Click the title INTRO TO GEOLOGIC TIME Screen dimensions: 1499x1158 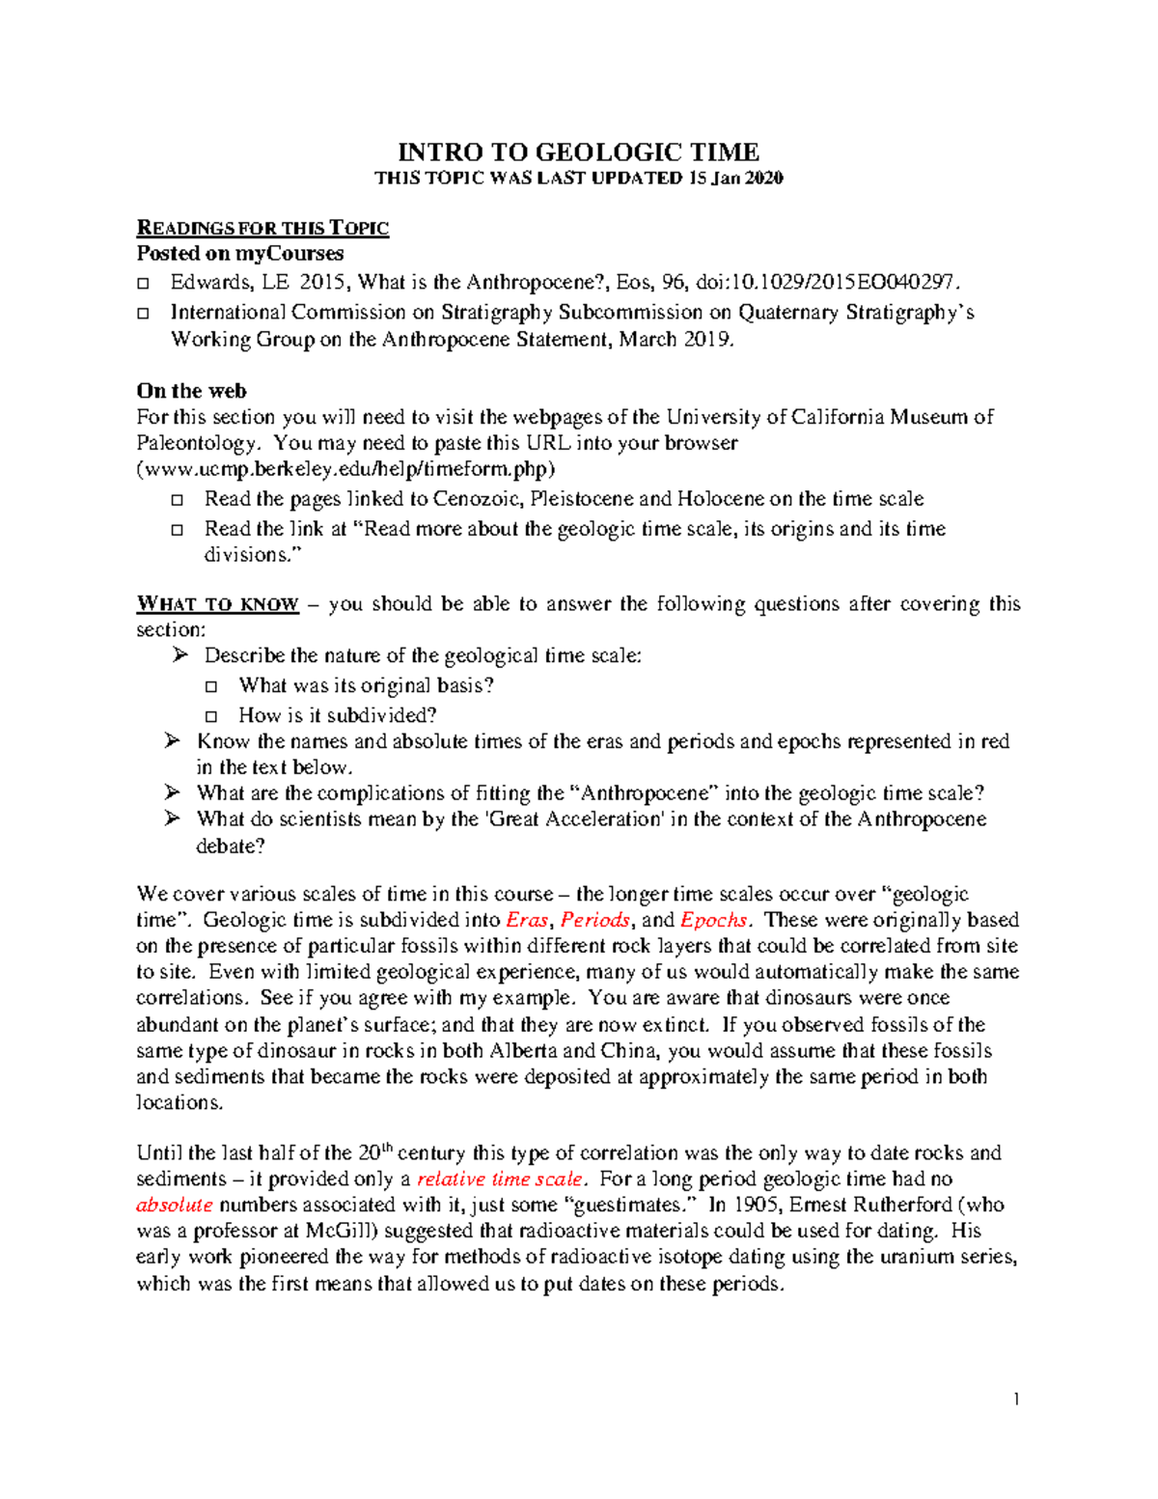[579, 153]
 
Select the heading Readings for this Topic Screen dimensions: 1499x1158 [262, 228]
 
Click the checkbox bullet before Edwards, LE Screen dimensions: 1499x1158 [144, 283]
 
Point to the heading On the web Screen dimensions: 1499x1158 [191, 391]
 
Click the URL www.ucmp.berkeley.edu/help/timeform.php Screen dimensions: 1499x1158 [346, 469]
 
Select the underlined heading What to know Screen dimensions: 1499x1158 [218, 604]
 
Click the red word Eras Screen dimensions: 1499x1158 [527, 920]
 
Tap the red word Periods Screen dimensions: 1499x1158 [595, 920]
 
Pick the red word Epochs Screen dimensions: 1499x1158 [715, 920]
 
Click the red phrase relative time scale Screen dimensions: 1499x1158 [499, 1179]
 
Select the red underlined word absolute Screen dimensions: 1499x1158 [175, 1205]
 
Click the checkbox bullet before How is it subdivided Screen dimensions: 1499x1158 [212, 716]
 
